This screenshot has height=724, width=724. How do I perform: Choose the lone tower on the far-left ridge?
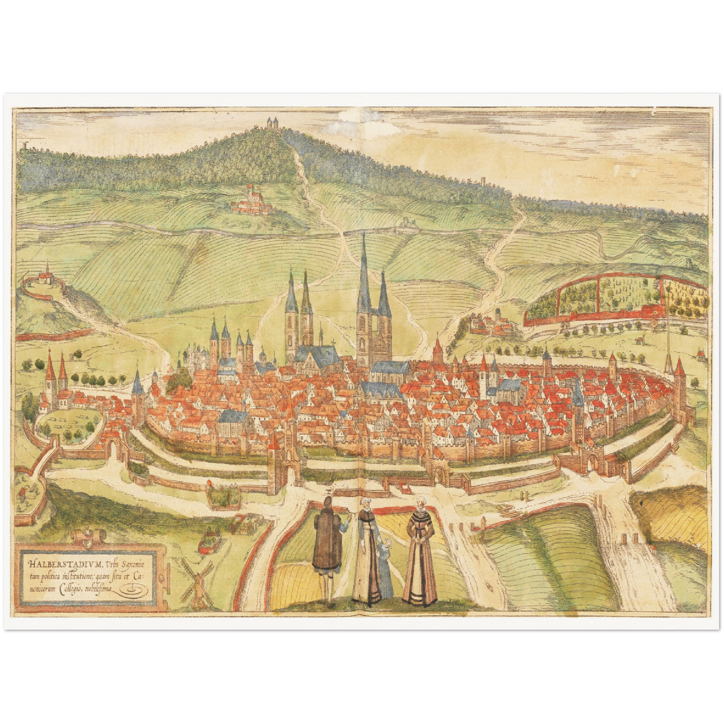[x=24, y=146]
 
